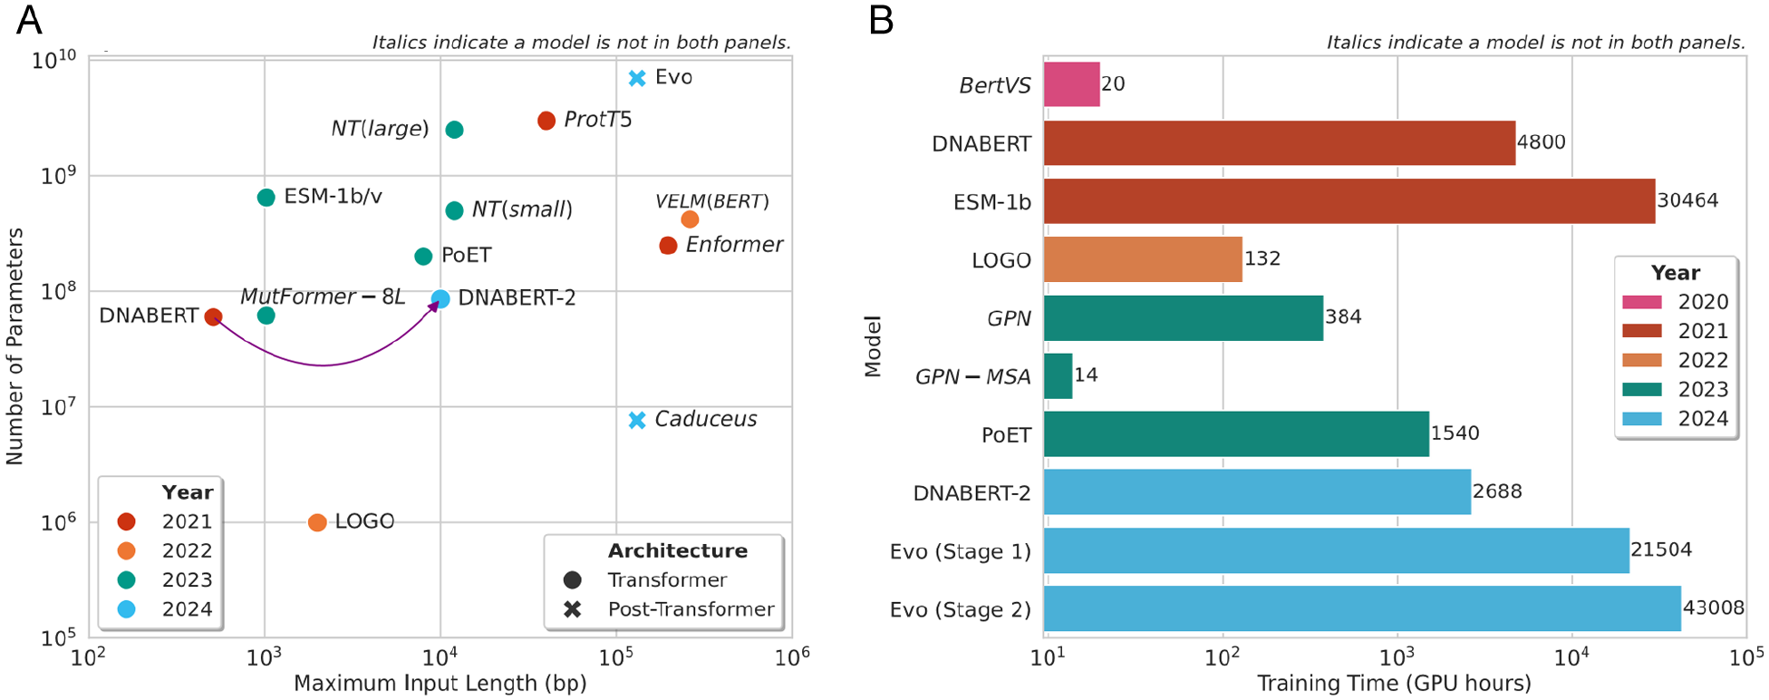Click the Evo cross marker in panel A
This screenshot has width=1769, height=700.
click(637, 78)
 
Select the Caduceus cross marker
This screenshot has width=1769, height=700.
click(637, 420)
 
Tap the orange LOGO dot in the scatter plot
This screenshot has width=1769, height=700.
click(317, 522)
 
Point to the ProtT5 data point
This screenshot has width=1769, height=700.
click(546, 121)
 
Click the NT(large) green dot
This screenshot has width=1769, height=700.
click(455, 130)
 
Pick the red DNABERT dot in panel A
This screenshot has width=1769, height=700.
click(213, 316)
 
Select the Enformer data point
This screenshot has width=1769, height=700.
click(668, 245)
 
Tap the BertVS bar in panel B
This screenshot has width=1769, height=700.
click(1071, 84)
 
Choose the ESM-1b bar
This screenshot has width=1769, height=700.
click(1348, 201)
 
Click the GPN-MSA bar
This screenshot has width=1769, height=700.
click(1058, 376)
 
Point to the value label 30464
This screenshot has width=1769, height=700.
click(1687, 200)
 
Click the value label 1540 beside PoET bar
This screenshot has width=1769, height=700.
click(1455, 433)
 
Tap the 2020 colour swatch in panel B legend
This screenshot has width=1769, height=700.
click(1641, 302)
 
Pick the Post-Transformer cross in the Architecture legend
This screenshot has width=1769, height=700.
click(572, 609)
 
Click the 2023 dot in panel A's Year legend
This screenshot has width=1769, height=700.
click(127, 580)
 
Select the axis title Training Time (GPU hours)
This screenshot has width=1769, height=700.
click(1394, 684)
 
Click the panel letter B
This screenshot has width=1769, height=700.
click(881, 20)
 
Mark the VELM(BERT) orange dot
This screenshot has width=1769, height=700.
click(690, 219)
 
